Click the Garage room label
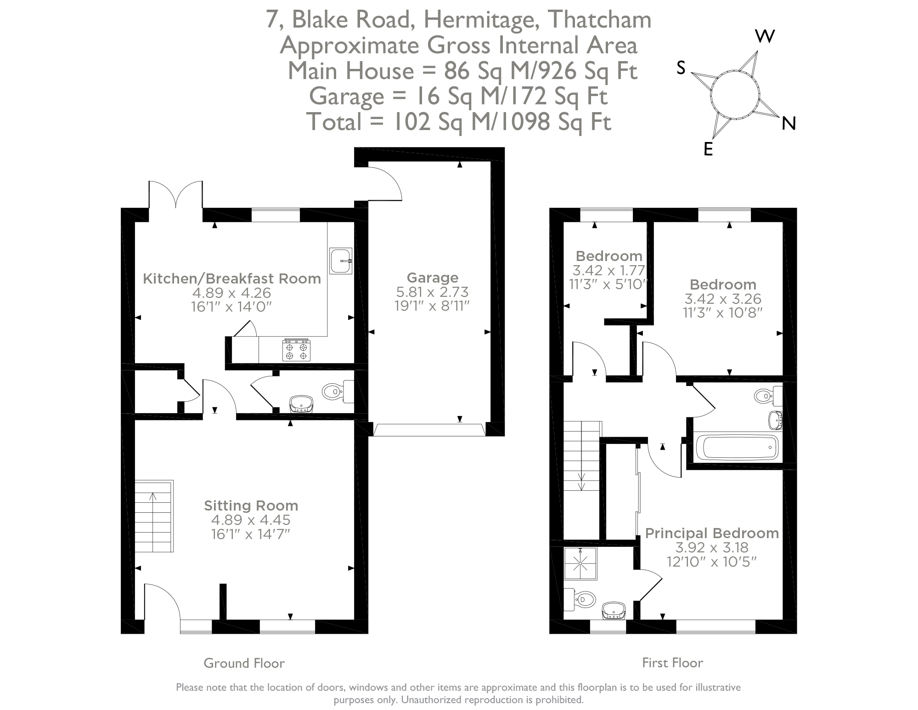[432, 278]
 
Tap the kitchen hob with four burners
[296, 350]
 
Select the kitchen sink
[341, 261]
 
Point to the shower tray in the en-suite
[580, 563]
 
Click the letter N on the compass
[788, 123]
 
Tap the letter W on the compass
[765, 36]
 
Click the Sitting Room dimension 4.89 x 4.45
[251, 520]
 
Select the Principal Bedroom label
[712, 533]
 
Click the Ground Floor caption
[244, 663]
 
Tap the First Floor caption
[672, 663]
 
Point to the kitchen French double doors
[175, 195]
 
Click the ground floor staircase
[153, 516]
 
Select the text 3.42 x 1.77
[608, 270]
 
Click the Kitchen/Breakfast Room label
[232, 278]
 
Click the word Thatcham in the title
[600, 20]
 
